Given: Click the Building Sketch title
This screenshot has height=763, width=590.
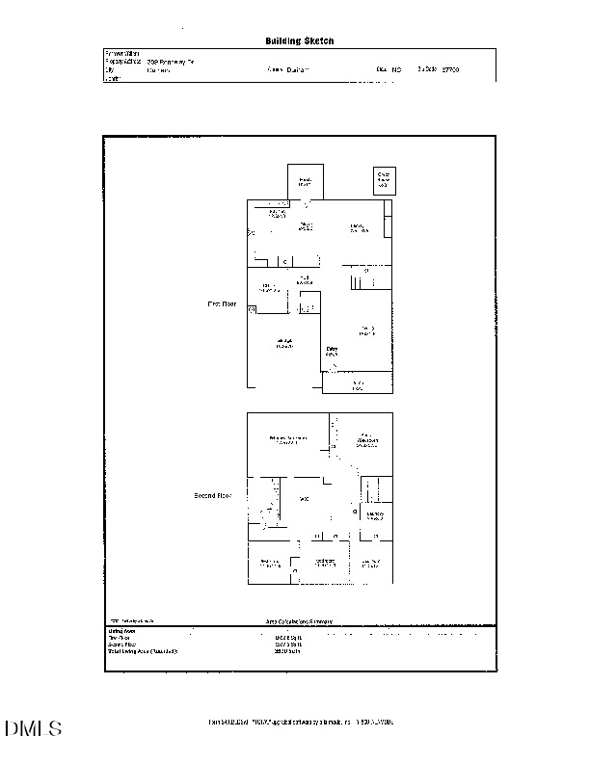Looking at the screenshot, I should pyautogui.click(x=299, y=41).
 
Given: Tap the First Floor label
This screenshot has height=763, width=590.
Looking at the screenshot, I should pyautogui.click(x=222, y=303).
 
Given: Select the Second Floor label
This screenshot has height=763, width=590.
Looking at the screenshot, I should pyautogui.click(x=213, y=496).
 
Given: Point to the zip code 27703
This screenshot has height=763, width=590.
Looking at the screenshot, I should pyautogui.click(x=450, y=70).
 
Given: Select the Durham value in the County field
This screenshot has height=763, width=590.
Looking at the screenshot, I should pyautogui.click(x=293, y=70).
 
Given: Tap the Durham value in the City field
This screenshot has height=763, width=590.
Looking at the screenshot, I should pyautogui.click(x=158, y=70).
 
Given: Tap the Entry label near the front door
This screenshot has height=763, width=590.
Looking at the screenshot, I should pyautogui.click(x=331, y=352).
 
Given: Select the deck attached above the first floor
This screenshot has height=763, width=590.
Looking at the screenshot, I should pyautogui.click(x=306, y=180).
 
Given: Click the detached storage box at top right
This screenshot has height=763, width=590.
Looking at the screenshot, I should pyautogui.click(x=384, y=179).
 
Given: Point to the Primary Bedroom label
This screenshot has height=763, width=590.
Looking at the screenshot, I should pyautogui.click(x=287, y=440).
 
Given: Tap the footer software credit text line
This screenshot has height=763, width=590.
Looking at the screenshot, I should pyautogui.click(x=301, y=722).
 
